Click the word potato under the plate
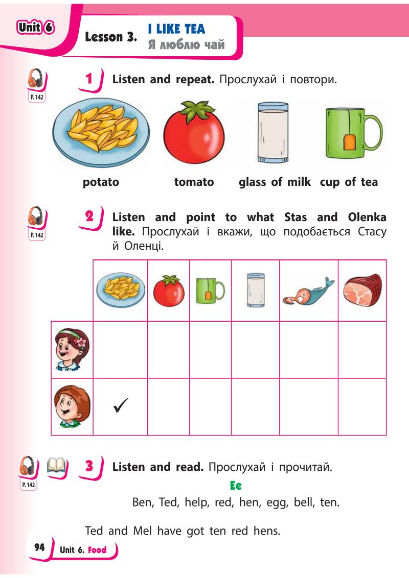point(101,182)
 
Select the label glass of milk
point(275,182)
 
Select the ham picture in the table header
point(362,291)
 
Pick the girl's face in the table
point(72,349)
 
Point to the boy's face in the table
point(72,407)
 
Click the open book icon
point(58,466)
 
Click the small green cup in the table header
point(210,290)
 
